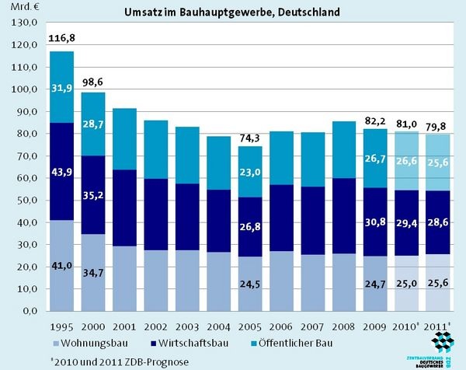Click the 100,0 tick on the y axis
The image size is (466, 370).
pos(25,89)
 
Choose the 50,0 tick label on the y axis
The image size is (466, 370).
pos(26,201)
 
